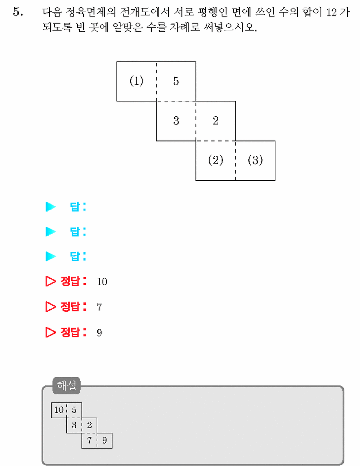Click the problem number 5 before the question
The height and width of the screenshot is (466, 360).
point(18,12)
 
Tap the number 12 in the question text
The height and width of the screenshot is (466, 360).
point(331,12)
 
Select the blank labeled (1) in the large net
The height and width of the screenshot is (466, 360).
point(136,81)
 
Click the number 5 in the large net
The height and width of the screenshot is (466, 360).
point(176,81)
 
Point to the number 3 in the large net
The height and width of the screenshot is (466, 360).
point(176,120)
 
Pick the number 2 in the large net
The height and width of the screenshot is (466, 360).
point(215,120)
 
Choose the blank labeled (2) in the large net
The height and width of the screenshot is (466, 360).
point(215,160)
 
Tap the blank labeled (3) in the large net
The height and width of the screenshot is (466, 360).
point(255,160)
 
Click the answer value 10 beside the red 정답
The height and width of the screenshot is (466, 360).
point(102,282)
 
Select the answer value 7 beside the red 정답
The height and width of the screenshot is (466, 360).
point(99,307)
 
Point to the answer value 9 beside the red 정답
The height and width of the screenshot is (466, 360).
point(99,333)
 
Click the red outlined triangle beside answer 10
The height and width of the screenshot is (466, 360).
point(50,281)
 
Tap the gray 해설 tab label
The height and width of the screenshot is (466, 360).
point(67,385)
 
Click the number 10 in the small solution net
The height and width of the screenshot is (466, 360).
point(59,410)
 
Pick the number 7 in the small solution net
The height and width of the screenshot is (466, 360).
point(89,440)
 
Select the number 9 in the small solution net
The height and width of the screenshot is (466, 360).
point(104,440)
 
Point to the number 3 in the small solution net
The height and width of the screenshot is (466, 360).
point(74,425)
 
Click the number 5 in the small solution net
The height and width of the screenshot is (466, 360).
point(74,410)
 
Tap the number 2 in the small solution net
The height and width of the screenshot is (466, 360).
point(89,425)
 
